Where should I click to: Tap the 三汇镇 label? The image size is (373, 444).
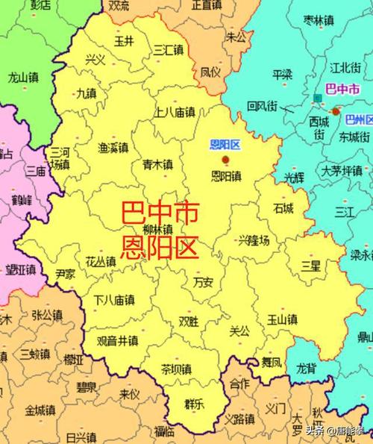pyautogui.click(x=168, y=49)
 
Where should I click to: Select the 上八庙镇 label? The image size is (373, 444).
pyautogui.click(x=175, y=113)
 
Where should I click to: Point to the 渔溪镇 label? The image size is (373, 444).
pyautogui.click(x=113, y=148)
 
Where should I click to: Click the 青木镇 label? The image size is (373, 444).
pyautogui.click(x=157, y=164)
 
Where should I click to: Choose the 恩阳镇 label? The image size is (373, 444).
pyautogui.click(x=226, y=177)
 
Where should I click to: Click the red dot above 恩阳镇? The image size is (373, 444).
pyautogui.click(x=225, y=159)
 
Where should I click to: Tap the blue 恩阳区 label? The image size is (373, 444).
pyautogui.click(x=224, y=144)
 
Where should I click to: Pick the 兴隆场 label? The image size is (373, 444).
pyautogui.click(x=254, y=240)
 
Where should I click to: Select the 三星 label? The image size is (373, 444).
pyautogui.click(x=310, y=265)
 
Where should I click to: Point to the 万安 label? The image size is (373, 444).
pyautogui.click(x=203, y=282)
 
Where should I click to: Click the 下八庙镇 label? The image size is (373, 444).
pyautogui.click(x=113, y=300)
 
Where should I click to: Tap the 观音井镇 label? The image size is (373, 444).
pyautogui.click(x=117, y=340)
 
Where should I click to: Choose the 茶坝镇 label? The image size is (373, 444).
pyautogui.click(x=176, y=369)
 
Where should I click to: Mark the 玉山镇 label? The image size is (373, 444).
pyautogui.click(x=283, y=320)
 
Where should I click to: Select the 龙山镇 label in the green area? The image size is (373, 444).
pyautogui.click(x=23, y=76)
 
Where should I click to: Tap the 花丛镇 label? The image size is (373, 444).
pyautogui.click(x=100, y=261)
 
